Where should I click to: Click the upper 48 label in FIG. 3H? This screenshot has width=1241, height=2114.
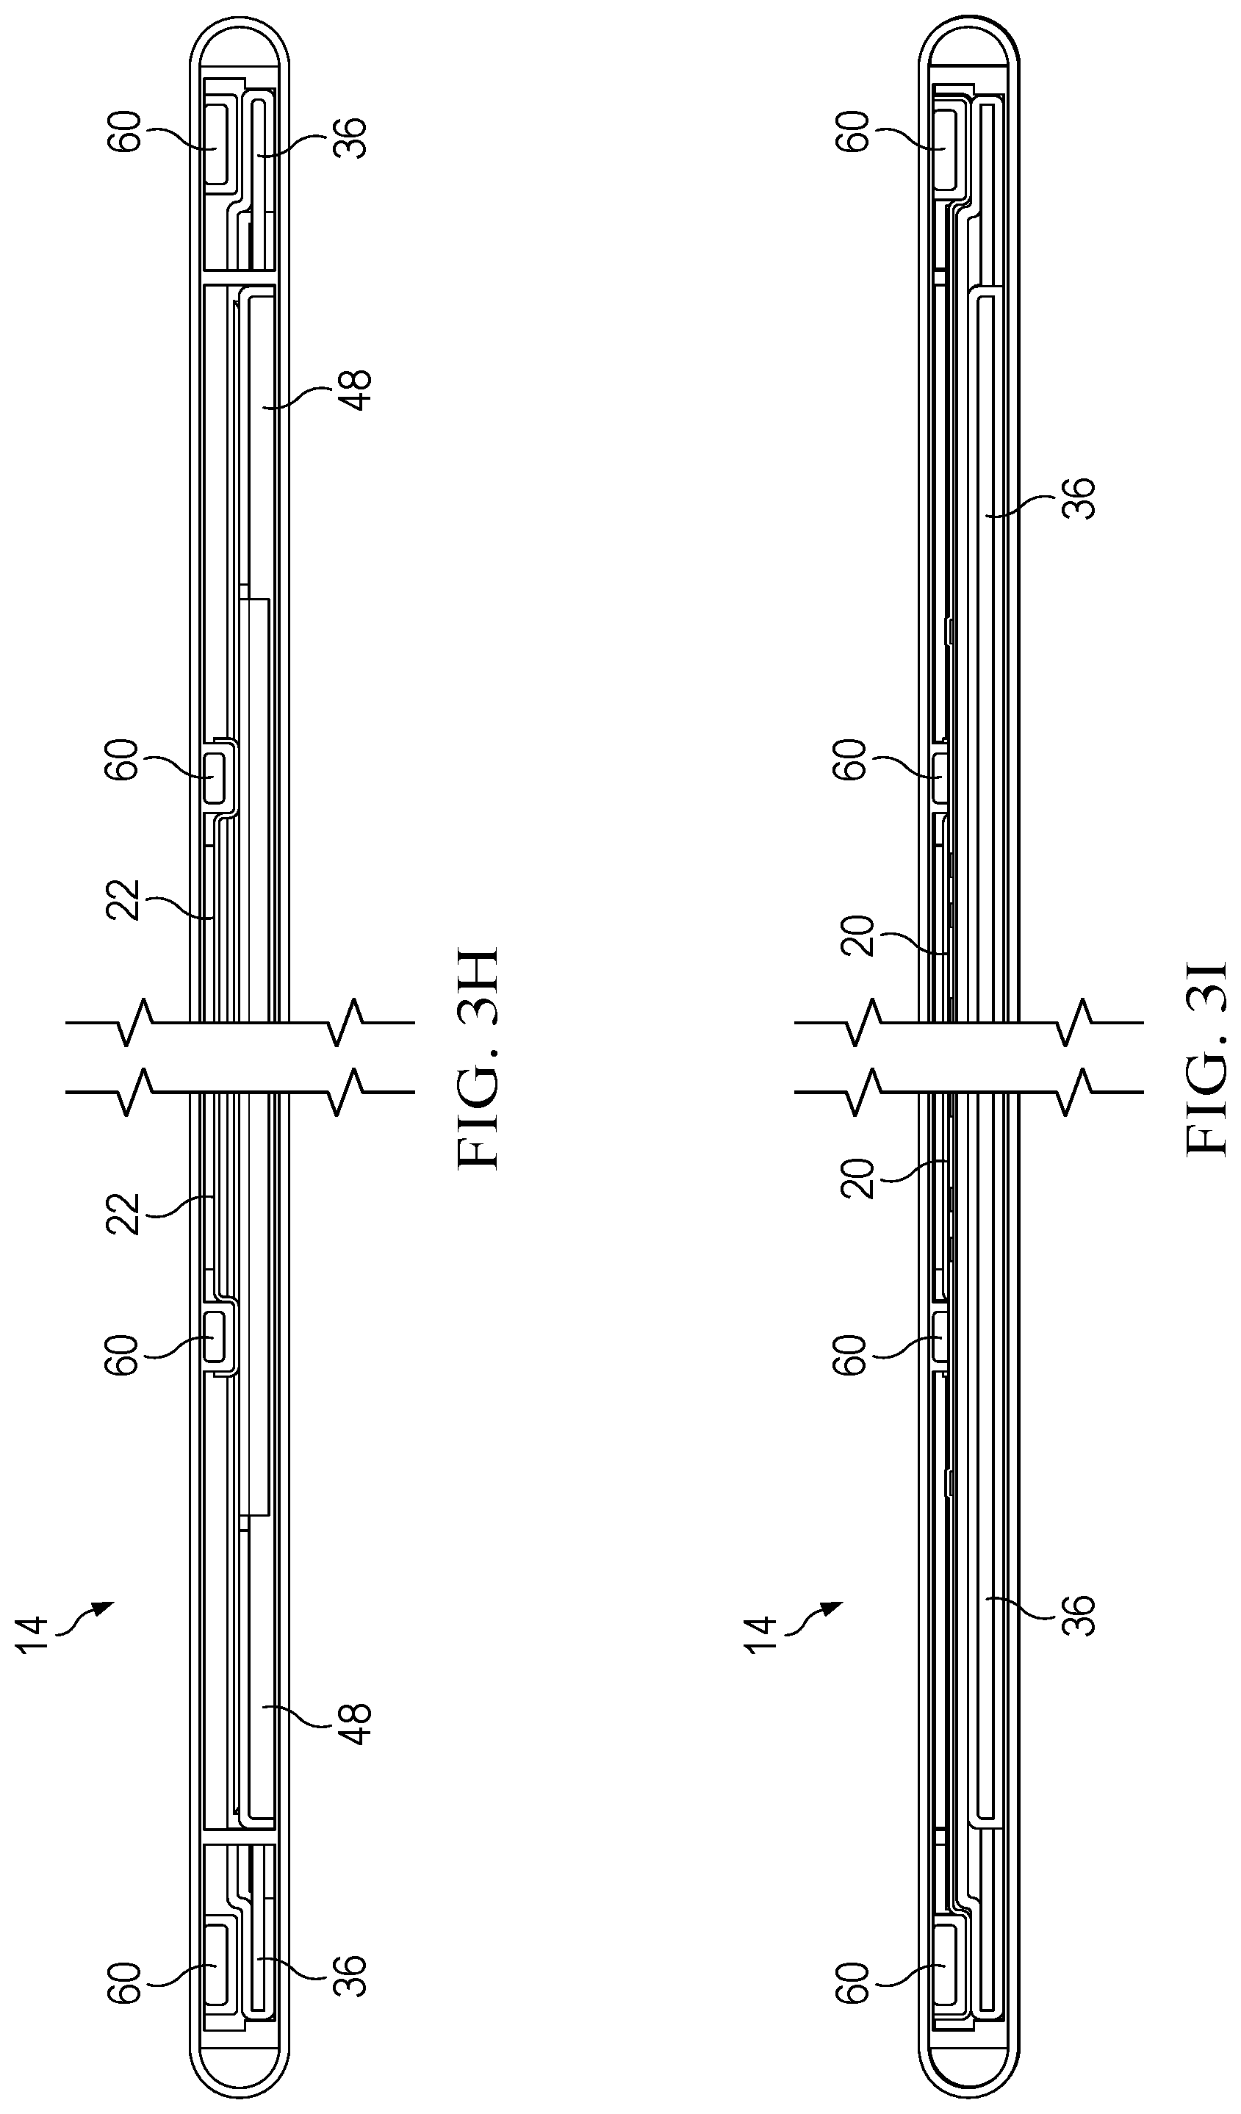click(x=356, y=390)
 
